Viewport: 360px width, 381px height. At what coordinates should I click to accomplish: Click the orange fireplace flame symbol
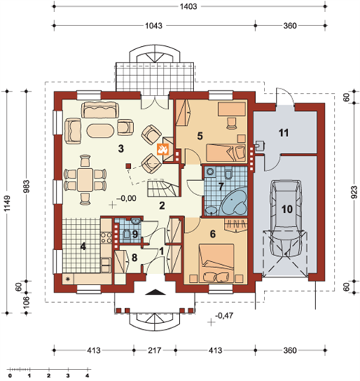[163, 149]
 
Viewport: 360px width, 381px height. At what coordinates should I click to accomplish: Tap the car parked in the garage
[287, 218]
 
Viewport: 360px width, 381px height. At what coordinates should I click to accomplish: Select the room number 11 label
[283, 133]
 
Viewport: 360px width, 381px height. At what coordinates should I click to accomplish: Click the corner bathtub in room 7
[234, 202]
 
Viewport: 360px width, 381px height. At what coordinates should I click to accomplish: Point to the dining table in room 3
[85, 179]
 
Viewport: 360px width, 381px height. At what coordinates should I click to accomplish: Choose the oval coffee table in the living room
[100, 129]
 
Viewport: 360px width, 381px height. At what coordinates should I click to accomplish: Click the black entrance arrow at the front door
[155, 292]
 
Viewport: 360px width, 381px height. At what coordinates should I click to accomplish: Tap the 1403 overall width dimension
[188, 7]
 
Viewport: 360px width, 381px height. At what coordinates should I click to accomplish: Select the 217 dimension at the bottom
[155, 350]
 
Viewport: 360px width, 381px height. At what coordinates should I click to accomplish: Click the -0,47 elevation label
[224, 316]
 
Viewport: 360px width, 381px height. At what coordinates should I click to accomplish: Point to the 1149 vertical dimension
[7, 203]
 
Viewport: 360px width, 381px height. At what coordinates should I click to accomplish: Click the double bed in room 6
[216, 263]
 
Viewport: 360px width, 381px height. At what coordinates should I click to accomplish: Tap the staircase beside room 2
[163, 188]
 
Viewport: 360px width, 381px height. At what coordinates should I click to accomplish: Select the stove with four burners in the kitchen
[106, 237]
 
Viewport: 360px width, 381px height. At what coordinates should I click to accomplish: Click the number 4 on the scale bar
[87, 375]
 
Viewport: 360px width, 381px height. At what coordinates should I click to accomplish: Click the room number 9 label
[135, 234]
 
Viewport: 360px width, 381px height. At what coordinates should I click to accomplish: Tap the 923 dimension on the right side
[354, 192]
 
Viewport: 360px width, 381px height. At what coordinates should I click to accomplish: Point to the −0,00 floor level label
[126, 198]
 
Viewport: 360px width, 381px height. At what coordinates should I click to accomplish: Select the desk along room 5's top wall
[231, 109]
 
